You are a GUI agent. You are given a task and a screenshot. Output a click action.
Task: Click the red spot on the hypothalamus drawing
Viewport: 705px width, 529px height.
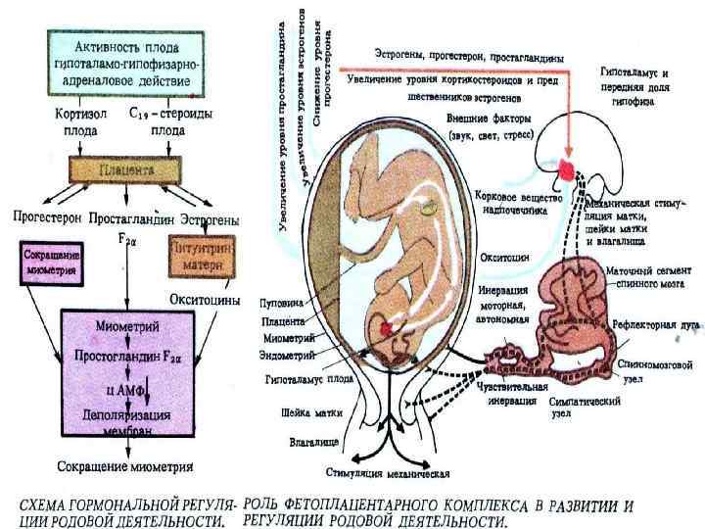(x=569, y=170)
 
